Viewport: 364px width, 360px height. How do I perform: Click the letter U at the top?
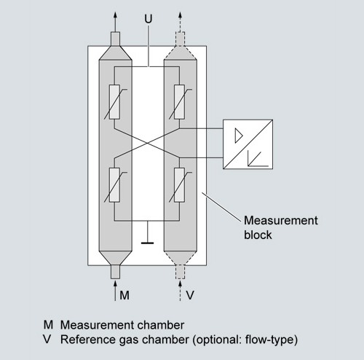click(x=149, y=19)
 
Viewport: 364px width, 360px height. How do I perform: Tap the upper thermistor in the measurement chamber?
click(x=114, y=102)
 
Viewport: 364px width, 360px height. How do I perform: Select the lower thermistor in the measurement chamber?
click(x=114, y=185)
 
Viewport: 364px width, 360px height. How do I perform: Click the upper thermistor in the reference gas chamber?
click(x=180, y=102)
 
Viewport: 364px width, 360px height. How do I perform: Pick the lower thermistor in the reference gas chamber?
click(x=180, y=185)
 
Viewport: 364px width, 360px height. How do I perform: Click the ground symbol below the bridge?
click(x=147, y=232)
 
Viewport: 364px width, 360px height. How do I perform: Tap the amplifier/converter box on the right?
click(x=248, y=144)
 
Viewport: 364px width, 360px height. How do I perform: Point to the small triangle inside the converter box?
click(x=239, y=136)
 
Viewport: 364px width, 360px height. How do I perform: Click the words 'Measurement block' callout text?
click(x=281, y=227)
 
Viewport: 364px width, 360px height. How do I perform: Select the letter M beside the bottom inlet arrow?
click(x=124, y=295)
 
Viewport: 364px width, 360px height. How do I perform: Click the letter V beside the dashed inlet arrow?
click(x=190, y=295)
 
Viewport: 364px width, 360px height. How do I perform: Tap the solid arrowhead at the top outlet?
click(x=115, y=15)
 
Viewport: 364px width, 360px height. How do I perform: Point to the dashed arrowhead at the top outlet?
click(x=180, y=15)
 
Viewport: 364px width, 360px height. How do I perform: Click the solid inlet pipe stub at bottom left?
click(x=115, y=272)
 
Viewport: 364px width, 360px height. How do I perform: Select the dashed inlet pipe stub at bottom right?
click(x=180, y=272)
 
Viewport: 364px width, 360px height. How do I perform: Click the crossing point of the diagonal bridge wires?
click(x=147, y=143)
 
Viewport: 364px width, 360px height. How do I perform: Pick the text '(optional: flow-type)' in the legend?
click(x=245, y=340)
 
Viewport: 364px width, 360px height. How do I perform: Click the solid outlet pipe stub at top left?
click(x=115, y=39)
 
